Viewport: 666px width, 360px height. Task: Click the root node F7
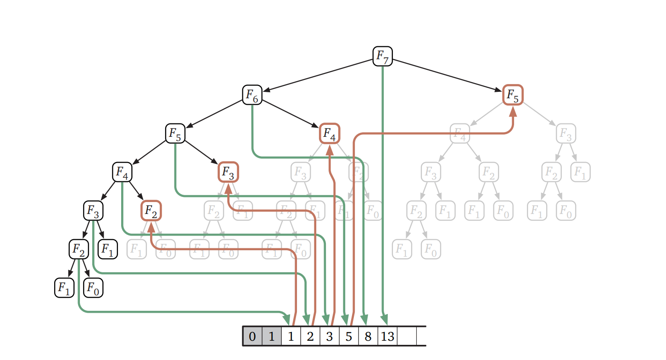(382, 56)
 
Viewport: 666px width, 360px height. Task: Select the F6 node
(252, 95)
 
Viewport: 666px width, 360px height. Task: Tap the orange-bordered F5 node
(513, 95)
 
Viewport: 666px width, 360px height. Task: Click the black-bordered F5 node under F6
(175, 134)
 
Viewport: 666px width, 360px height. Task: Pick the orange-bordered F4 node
(329, 134)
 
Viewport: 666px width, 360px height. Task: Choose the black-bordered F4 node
(122, 172)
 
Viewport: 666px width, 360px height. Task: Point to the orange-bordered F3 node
(228, 172)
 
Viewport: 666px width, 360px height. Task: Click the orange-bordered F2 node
(151, 211)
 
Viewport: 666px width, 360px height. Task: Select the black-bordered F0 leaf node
(93, 288)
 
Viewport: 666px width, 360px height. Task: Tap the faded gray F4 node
(459, 134)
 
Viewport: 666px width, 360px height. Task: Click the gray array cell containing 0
(252, 337)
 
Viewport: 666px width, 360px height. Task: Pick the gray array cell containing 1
(271, 337)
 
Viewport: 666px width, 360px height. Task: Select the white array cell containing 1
(291, 337)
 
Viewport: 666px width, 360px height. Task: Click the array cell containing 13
(387, 337)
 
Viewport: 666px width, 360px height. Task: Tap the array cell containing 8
(368, 337)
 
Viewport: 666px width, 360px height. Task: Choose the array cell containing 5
(348, 337)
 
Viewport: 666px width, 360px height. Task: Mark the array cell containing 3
(329, 337)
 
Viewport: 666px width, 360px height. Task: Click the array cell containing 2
(310, 337)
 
